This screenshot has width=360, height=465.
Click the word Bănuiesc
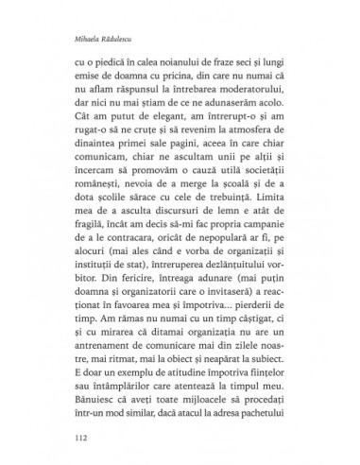(x=97, y=389)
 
